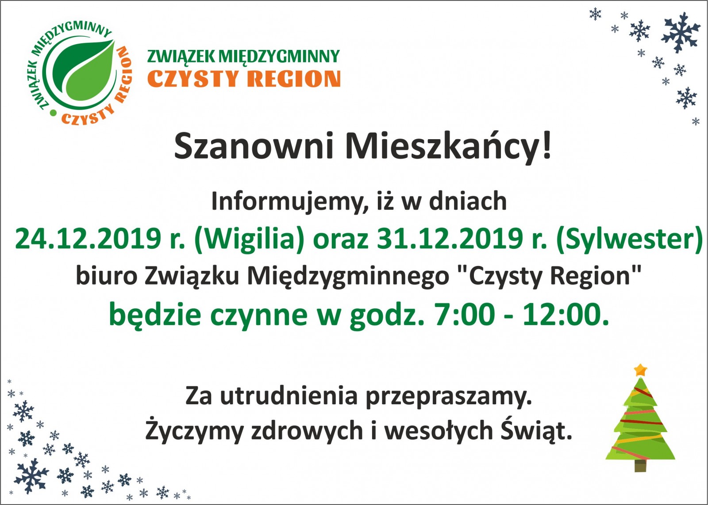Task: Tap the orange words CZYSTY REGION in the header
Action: (244, 79)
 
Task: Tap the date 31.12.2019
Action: (450, 239)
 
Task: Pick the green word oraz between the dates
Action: (341, 241)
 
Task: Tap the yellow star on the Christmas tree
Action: (641, 370)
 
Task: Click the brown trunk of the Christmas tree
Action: (640, 466)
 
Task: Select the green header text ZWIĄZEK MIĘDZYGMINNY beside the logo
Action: (243, 57)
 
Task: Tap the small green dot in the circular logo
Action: (54, 112)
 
